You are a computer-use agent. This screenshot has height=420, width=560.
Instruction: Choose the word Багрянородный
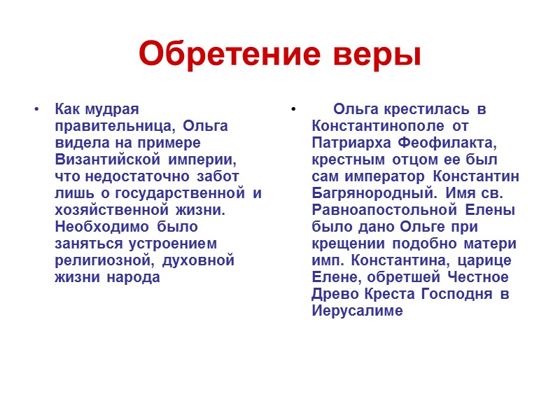click(366, 193)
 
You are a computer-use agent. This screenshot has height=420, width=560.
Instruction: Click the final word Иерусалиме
click(357, 311)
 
